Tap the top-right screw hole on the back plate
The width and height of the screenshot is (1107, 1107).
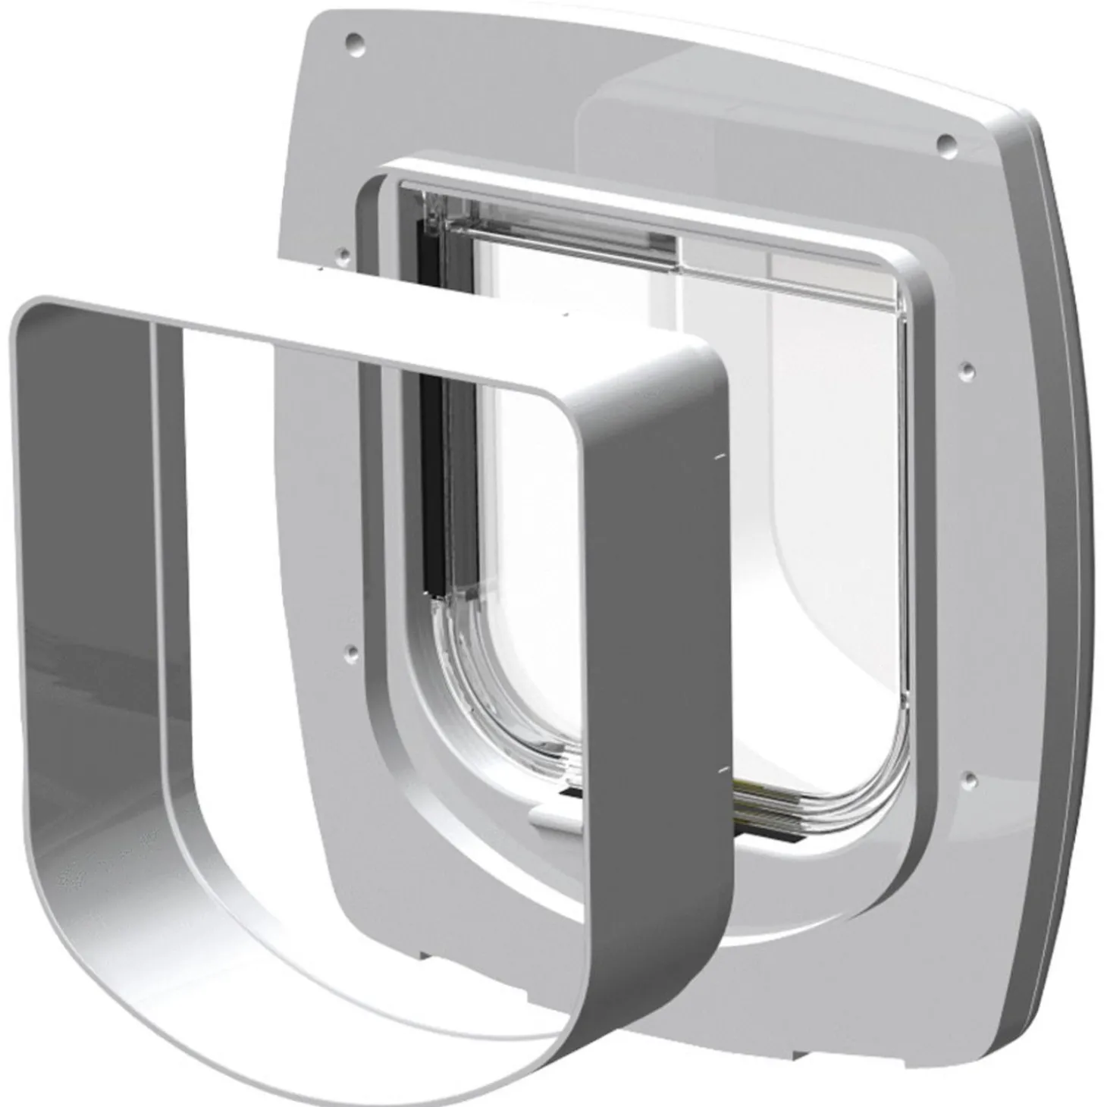tap(945, 141)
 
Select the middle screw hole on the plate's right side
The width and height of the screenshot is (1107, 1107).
tap(967, 369)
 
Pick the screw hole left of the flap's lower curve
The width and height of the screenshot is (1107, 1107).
tap(351, 650)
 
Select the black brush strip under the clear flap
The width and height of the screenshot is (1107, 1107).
tap(766, 834)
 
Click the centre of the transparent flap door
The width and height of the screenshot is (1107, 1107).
tap(682, 493)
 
